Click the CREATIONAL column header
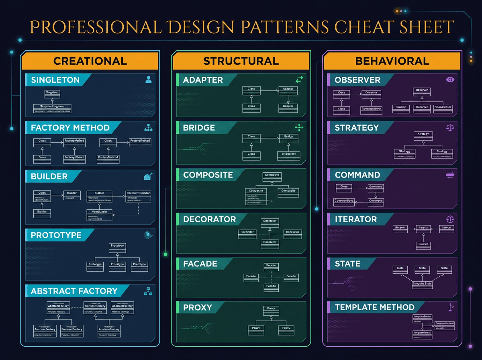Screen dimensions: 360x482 pos(90,61)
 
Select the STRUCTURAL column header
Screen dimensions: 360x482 pos(241,61)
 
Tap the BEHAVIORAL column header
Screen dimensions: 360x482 pos(392,61)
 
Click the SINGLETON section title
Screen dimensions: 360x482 pos(55,80)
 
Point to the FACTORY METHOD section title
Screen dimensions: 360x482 pos(70,128)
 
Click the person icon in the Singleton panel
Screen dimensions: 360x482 pos(148,80)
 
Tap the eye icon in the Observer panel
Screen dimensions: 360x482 pos(450,80)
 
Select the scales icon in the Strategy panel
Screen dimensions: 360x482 pos(450,128)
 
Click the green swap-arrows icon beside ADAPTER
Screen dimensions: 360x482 pos(299,80)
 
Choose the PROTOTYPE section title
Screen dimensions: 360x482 pos(56,235)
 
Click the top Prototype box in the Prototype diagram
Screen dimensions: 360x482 pos(117,247)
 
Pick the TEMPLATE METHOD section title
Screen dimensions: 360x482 pos(374,307)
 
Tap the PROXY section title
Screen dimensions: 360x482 pos(197,307)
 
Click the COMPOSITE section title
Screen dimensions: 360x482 pos(208,175)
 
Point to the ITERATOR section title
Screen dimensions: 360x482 pos(355,219)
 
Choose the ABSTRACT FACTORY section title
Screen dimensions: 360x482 pos(74,291)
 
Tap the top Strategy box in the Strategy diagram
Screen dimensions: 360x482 pos(423,136)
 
